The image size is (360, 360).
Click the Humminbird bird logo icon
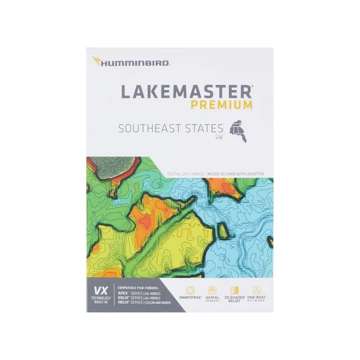coord(95,61)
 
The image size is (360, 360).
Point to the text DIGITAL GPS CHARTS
coord(185,174)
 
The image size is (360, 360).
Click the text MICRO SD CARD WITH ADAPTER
coord(236,174)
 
